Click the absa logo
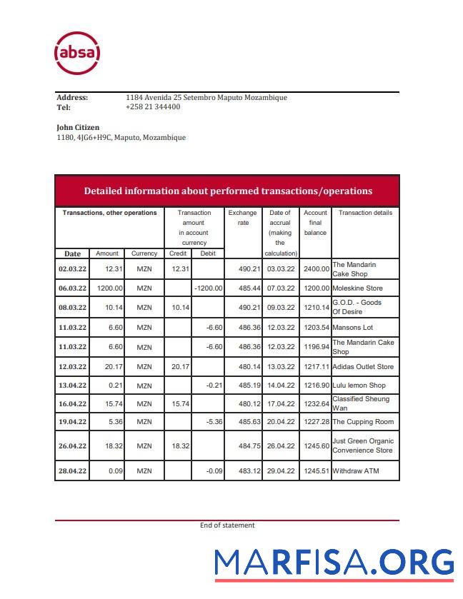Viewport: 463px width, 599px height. click(x=77, y=53)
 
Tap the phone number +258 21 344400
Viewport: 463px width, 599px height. click(x=152, y=107)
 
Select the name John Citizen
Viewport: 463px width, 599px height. click(x=78, y=128)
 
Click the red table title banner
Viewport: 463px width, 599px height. click(x=227, y=191)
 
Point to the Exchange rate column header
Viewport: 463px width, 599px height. click(x=242, y=218)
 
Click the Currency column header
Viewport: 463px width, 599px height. click(x=144, y=253)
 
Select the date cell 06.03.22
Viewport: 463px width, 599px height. click(x=72, y=288)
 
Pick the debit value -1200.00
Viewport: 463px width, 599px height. click(x=208, y=288)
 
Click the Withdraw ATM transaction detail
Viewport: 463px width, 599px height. click(x=356, y=471)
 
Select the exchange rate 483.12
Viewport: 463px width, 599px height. click(x=243, y=471)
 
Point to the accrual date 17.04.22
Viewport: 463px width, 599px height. click(x=280, y=404)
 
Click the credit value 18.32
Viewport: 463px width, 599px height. click(x=178, y=446)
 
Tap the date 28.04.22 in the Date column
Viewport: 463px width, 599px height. click(x=72, y=471)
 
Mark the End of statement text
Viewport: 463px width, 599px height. click(x=227, y=525)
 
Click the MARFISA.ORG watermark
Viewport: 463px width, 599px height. click(x=334, y=563)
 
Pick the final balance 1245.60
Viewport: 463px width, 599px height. click(x=315, y=446)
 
